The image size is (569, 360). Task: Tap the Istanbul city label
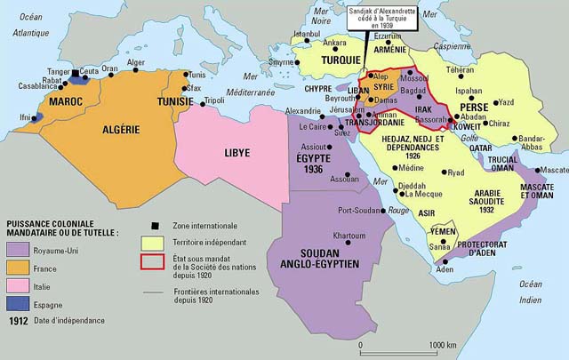point(306,35)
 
